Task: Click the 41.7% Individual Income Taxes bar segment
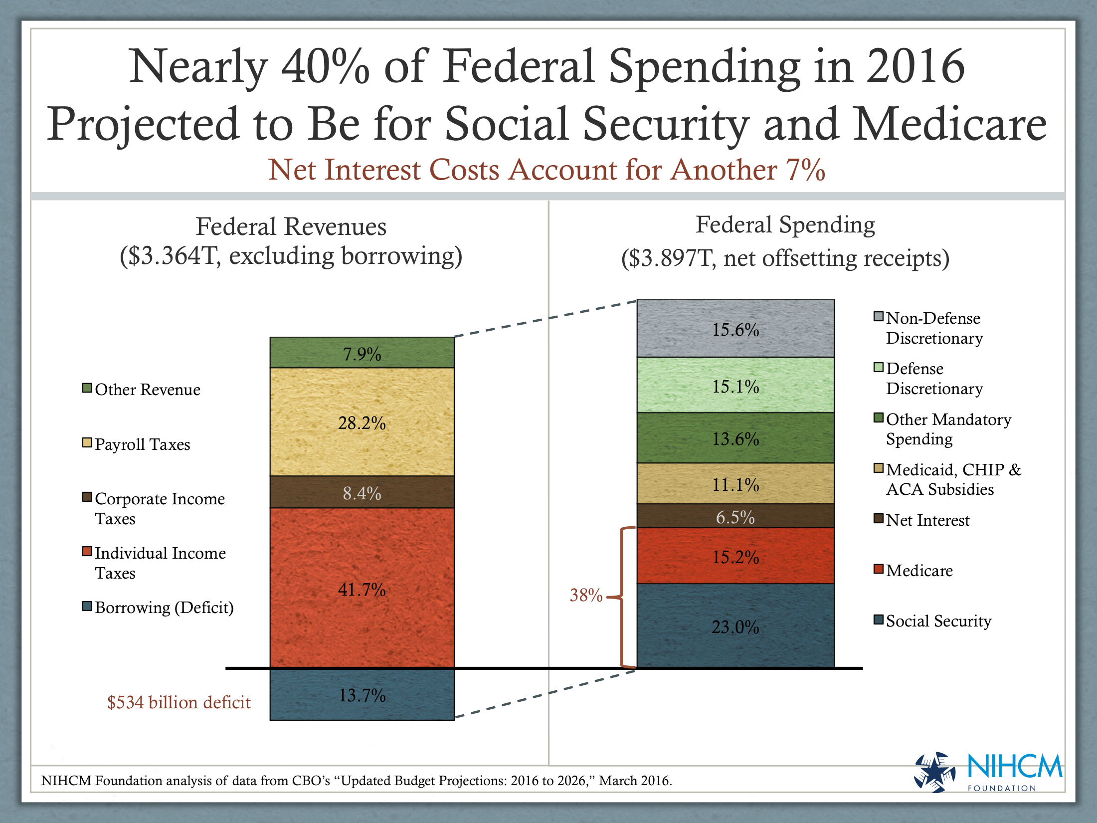tap(362, 589)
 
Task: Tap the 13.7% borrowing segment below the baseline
tap(362, 695)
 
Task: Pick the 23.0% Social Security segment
tap(735, 626)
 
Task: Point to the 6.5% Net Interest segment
tap(735, 517)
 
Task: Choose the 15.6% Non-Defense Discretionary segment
tap(735, 329)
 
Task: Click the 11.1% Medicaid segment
tap(735, 484)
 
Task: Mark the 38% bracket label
tap(586, 595)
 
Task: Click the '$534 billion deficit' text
tap(179, 702)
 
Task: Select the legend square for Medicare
tap(879, 569)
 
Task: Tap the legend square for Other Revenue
tap(87, 388)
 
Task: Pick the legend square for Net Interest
tap(879, 519)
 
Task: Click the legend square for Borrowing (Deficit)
tap(87, 607)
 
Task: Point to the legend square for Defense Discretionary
tap(879, 368)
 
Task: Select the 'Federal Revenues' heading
tap(291, 227)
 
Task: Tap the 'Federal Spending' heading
tap(785, 225)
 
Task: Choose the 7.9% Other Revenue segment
tap(362, 353)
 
